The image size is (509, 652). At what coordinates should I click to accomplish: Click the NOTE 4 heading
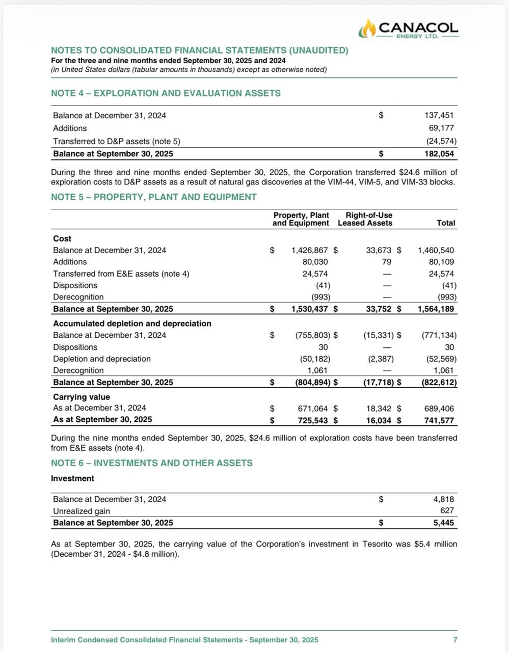(166, 93)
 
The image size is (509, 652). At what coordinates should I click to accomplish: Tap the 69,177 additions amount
(441, 128)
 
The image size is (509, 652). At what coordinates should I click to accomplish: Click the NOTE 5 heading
(153, 197)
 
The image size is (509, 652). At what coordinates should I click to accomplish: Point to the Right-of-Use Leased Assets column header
(365, 219)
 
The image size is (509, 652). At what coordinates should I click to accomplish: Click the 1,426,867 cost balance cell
(309, 250)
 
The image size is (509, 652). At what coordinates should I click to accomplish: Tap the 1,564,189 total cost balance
(436, 309)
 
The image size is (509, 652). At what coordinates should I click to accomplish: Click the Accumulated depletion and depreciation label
(132, 323)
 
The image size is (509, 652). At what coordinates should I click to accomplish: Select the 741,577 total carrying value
(439, 420)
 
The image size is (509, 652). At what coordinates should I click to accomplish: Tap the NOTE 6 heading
(151, 463)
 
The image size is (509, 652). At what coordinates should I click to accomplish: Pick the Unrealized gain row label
(82, 511)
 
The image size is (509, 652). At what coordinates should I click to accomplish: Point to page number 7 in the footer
(455, 640)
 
